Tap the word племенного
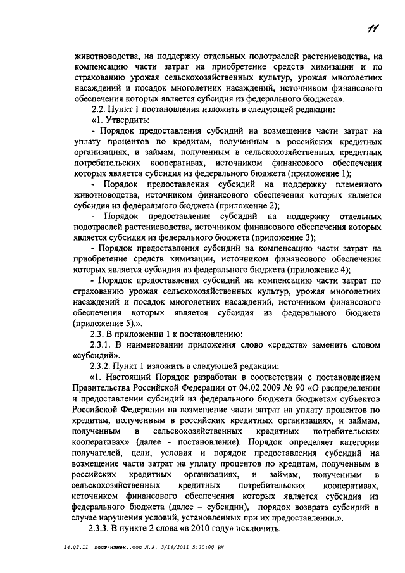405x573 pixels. coord(352,185)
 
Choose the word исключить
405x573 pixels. coord(265,529)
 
